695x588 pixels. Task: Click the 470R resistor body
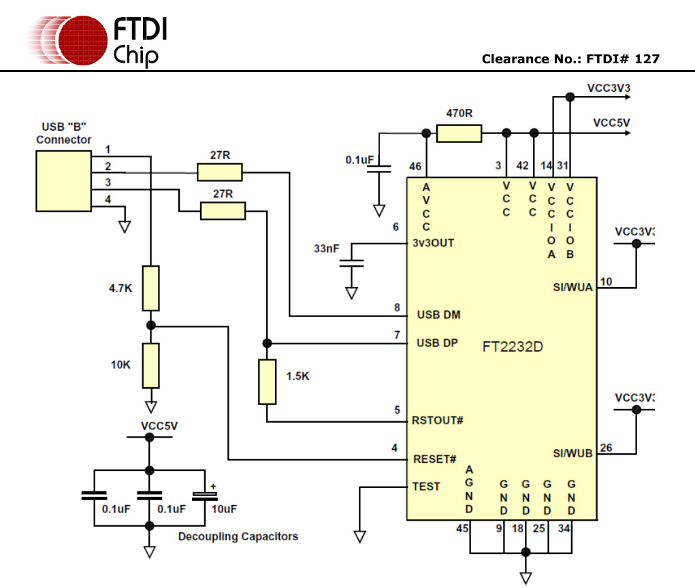[459, 133]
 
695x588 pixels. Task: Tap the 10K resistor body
[151, 365]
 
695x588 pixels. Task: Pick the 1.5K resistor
[268, 382]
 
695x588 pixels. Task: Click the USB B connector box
[63, 180]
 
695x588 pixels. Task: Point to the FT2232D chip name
[513, 346]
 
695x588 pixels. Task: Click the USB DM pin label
[438, 315]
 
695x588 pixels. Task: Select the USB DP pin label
[437, 343]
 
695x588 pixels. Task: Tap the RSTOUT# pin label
[438, 420]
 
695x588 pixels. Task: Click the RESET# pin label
[435, 459]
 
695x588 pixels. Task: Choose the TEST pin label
[426, 487]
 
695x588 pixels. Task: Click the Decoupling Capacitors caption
[238, 536]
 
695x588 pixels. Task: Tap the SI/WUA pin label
[572, 287]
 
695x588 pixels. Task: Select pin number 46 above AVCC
[415, 167]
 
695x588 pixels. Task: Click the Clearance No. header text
[570, 59]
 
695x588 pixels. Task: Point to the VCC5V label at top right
[611, 123]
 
